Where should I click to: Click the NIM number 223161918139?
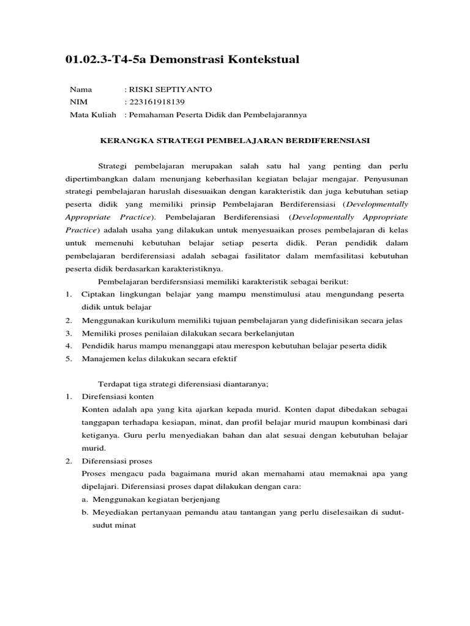coord(156,101)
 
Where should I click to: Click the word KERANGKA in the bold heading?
coord(125,140)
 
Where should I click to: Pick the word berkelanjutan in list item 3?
coord(267,333)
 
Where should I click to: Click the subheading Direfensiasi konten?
coord(117,396)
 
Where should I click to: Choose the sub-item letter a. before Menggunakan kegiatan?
coord(84,499)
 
